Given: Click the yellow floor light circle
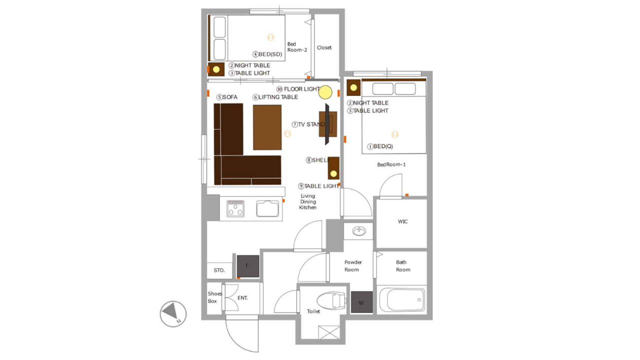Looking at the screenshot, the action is point(325,92).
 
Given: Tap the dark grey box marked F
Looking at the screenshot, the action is point(248,266).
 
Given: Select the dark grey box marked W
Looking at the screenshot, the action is point(361,302).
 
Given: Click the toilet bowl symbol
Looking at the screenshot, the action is point(331,300).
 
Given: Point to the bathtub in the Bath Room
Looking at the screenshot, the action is point(401,299).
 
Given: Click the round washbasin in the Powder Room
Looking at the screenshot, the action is point(359,231).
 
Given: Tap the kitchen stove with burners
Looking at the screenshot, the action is point(235,208).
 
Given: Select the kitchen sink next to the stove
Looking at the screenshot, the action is point(267,208).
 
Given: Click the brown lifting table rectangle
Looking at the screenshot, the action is point(267,127).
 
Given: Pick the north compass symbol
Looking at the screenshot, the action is point(173,313).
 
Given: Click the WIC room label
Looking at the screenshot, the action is point(402,221).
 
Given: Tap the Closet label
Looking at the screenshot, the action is point(324,47).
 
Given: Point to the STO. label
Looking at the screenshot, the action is point(219,270).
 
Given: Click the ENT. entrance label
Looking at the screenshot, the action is point(242,297).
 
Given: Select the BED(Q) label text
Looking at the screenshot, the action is point(383,146).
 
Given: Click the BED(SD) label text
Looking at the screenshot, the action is point(270,54).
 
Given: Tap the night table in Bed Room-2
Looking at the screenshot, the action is point(216,69).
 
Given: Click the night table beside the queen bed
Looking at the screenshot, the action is point(353,87).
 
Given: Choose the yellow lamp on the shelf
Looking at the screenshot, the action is point(333,173).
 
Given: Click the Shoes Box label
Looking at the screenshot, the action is point(214,297).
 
